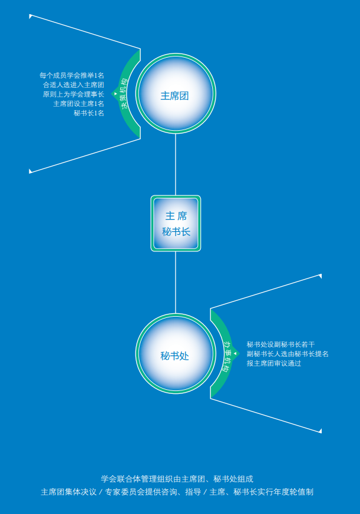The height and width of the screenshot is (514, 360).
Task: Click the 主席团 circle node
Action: click(x=176, y=94)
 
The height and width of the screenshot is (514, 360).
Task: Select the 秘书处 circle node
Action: click(x=176, y=354)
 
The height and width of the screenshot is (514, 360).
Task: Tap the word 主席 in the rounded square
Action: click(x=176, y=216)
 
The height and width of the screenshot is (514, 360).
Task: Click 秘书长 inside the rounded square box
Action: click(x=176, y=232)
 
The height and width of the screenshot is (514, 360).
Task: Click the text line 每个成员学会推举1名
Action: click(x=71, y=75)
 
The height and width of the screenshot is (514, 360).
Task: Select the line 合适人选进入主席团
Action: click(x=73, y=85)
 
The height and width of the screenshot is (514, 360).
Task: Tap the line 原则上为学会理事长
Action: click(x=73, y=94)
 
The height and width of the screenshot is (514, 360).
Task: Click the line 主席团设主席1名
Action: click(x=78, y=104)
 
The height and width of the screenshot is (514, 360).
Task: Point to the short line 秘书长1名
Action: click(x=88, y=114)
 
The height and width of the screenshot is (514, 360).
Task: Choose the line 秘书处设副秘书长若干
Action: click(x=280, y=344)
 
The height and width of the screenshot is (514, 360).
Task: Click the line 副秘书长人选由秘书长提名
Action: click(x=288, y=354)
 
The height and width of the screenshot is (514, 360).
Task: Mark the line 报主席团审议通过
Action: click(x=274, y=363)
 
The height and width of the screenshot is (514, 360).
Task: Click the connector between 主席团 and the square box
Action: click(x=176, y=164)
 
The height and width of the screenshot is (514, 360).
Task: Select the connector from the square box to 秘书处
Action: click(x=176, y=283)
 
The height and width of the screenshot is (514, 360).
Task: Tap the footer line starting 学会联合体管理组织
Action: click(x=177, y=479)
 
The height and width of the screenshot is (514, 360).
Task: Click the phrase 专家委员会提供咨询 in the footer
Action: click(x=137, y=492)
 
